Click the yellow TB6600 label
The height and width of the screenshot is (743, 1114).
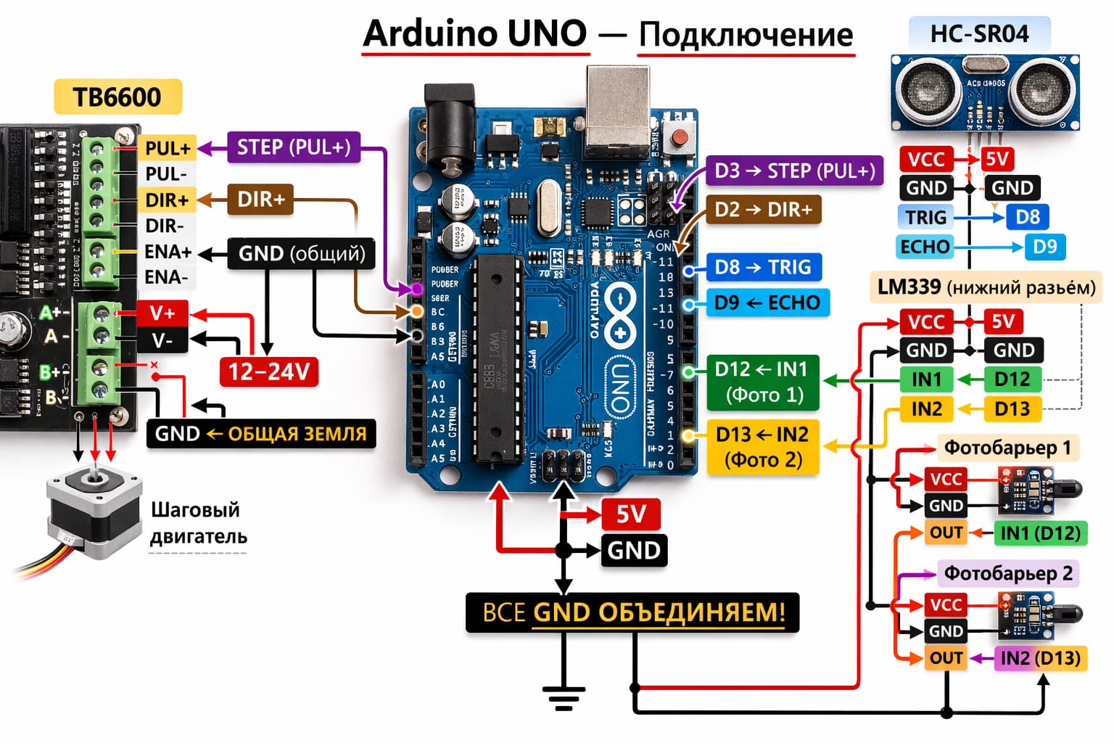(x=117, y=97)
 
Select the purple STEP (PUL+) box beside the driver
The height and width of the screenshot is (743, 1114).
(x=294, y=147)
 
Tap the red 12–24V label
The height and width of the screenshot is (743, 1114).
(x=268, y=371)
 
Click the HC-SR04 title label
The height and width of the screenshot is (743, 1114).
(x=979, y=33)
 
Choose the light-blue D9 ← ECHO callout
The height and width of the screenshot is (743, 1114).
(x=767, y=303)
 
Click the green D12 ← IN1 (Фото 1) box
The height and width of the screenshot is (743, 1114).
(x=762, y=382)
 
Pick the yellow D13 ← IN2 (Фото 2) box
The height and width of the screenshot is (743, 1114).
(x=762, y=446)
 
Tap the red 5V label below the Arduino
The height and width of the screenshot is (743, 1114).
(x=630, y=514)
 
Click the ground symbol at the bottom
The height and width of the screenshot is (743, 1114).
(x=563, y=698)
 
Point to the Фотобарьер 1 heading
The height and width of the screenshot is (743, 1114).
(x=1007, y=448)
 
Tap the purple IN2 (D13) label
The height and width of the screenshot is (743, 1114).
(x=1040, y=658)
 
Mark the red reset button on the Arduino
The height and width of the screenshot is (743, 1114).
(x=680, y=136)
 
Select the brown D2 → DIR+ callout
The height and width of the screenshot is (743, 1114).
(x=763, y=210)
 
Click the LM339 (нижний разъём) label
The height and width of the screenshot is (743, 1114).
(x=986, y=287)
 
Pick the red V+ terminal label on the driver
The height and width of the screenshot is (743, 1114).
(x=162, y=313)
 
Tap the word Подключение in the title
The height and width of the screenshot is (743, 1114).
(x=746, y=34)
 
